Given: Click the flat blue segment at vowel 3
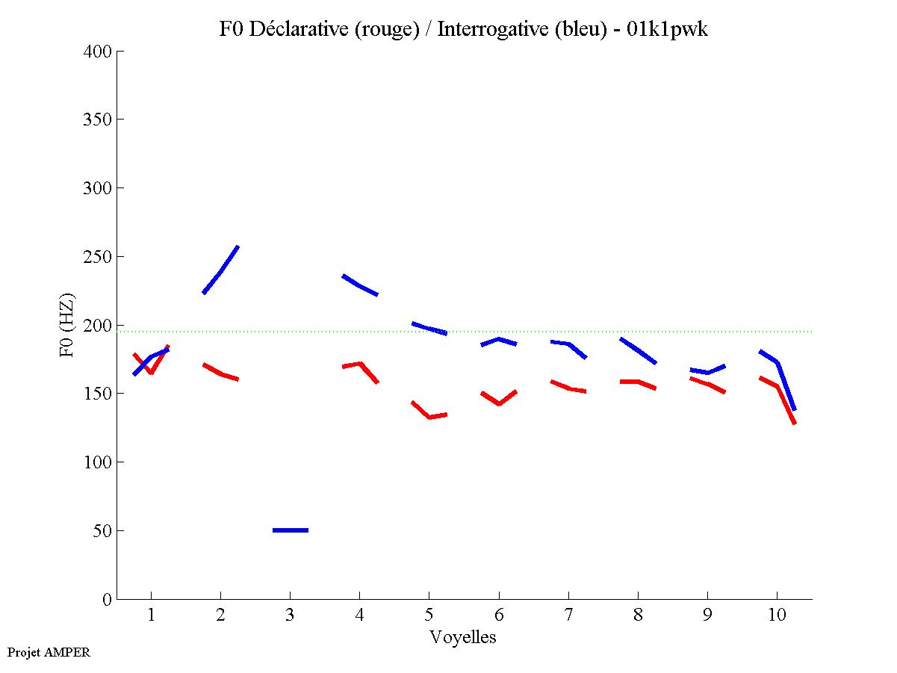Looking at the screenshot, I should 291,530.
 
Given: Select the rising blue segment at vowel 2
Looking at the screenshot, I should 221,270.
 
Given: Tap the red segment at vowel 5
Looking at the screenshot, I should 429,416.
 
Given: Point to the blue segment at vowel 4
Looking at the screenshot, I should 360,285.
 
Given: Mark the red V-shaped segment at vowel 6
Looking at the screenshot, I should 499,403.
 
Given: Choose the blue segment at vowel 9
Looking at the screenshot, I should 707,371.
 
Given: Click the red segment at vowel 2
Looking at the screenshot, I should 220,373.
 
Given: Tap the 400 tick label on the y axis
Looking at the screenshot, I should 98,52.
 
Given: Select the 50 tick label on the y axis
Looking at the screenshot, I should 102,531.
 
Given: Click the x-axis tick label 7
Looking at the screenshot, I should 568,615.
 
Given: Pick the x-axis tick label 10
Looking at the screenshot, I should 777,615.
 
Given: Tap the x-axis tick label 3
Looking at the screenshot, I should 290,615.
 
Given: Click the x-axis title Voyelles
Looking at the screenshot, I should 463,637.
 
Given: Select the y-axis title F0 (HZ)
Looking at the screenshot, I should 66,325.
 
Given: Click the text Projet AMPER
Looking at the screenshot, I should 49,652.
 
